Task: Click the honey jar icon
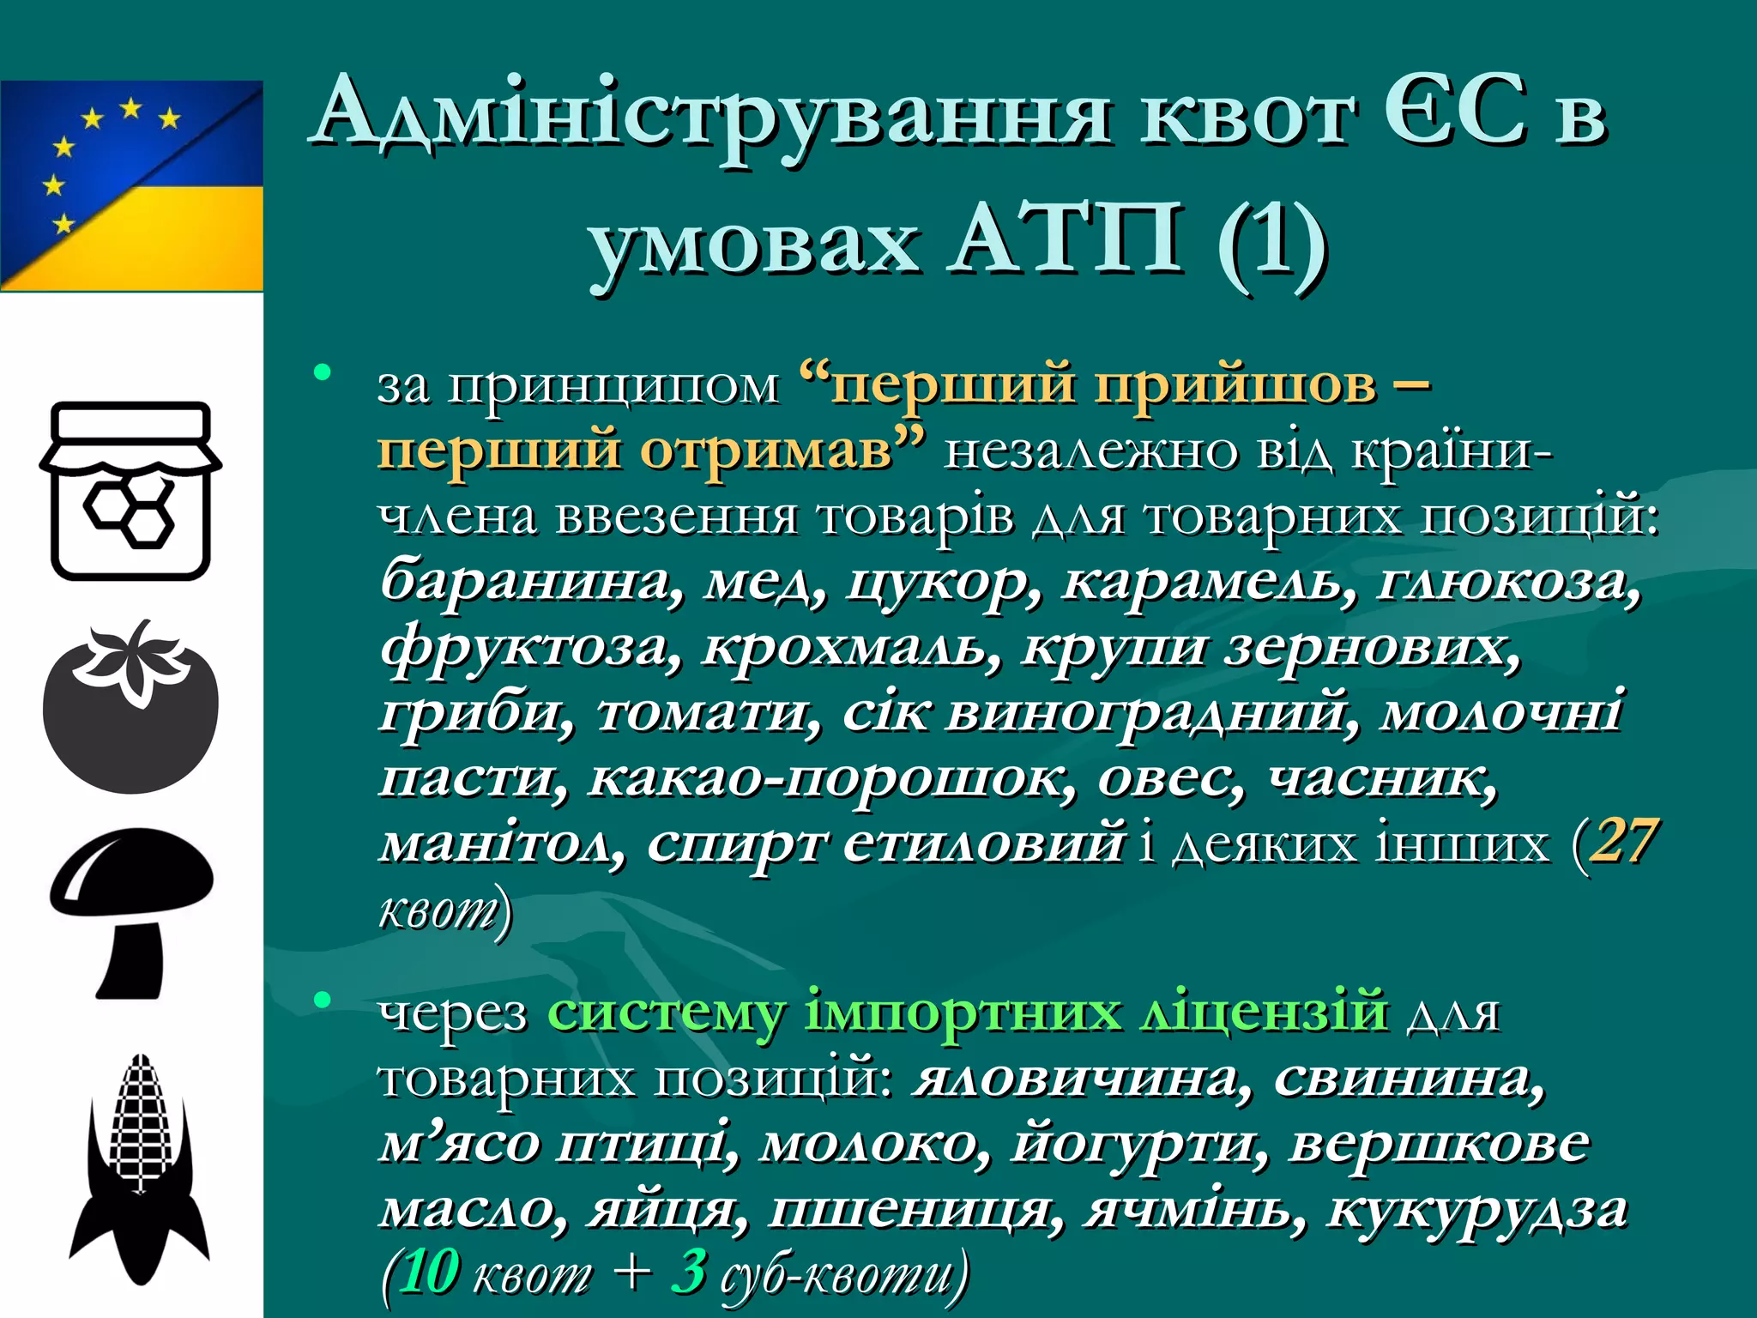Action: [x=130, y=491]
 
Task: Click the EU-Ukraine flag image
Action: [x=131, y=185]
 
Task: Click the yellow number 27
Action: [x=1621, y=842]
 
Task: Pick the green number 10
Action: [x=429, y=1273]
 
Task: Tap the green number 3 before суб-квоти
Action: [x=689, y=1273]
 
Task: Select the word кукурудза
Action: [x=1476, y=1209]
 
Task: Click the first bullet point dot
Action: [x=323, y=372]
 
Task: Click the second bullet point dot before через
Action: [x=323, y=1000]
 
